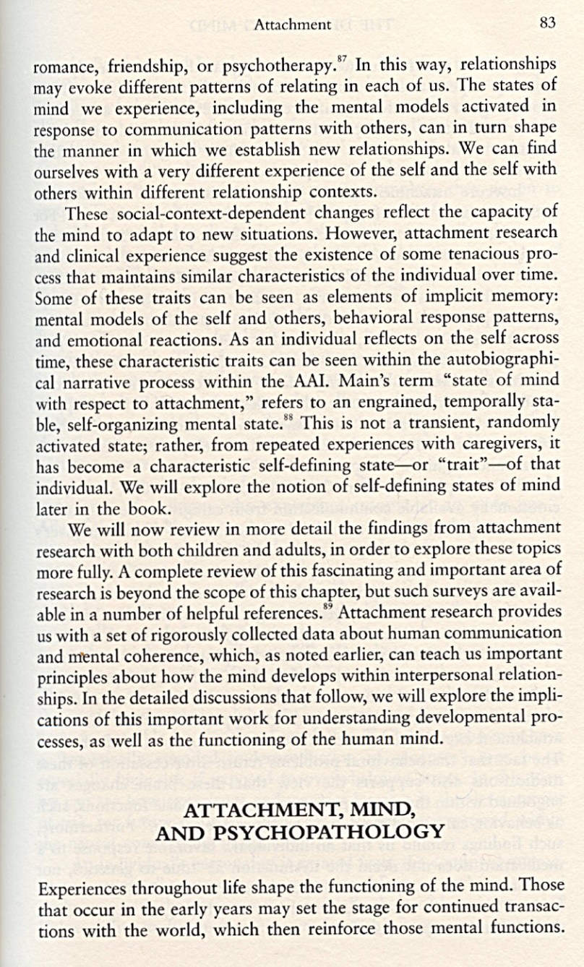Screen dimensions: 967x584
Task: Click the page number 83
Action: pos(547,23)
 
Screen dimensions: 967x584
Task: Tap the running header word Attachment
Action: pos(293,25)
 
